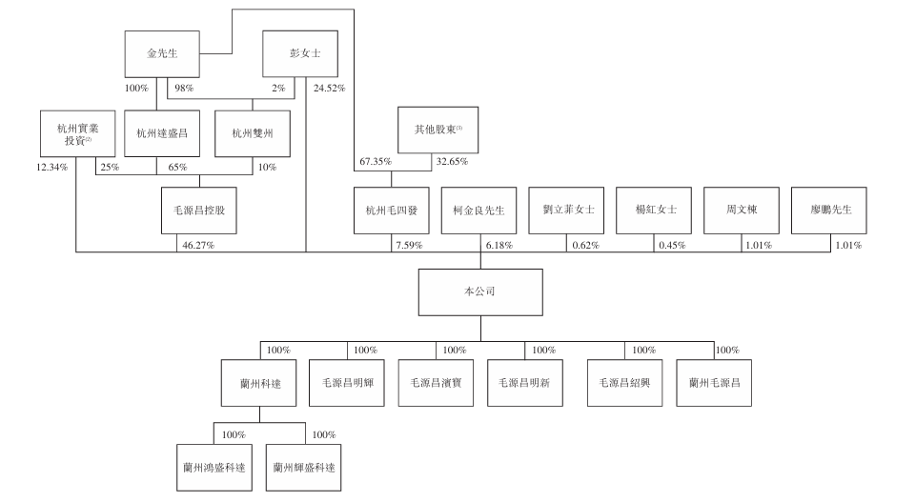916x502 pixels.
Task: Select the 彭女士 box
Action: pyautogui.click(x=298, y=54)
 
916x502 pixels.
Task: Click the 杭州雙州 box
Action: pyautogui.click(x=253, y=133)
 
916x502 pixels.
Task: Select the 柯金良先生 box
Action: pyautogui.click(x=479, y=210)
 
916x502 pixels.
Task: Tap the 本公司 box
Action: pyautogui.click(x=480, y=292)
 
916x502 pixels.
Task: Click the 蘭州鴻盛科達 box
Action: pyautogui.click(x=214, y=468)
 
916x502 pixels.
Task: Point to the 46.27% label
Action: pyautogui.click(x=197, y=245)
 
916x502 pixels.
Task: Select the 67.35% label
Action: pyautogui.click(x=376, y=162)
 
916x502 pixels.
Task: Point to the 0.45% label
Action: pyautogui.click(x=671, y=245)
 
